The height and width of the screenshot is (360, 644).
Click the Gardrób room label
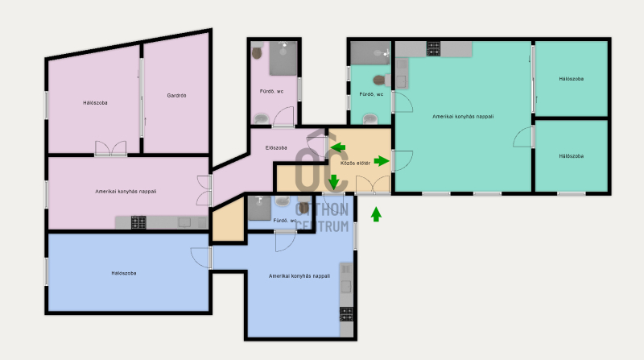tap(176, 95)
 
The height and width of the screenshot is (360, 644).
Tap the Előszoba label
tap(276, 147)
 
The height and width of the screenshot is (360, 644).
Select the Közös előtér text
tap(355, 163)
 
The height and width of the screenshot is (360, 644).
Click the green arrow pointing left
tap(338, 147)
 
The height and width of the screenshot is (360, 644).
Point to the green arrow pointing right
tap(382, 161)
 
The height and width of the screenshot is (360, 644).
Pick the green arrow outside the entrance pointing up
tap(376, 214)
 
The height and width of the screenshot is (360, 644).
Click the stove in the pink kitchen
tap(138, 222)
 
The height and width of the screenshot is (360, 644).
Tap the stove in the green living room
tap(433, 49)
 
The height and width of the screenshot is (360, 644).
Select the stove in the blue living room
tap(346, 314)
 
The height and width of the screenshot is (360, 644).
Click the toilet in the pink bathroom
tap(257, 52)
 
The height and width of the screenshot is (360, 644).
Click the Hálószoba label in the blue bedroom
tap(124, 273)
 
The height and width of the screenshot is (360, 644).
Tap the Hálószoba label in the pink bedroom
tap(95, 103)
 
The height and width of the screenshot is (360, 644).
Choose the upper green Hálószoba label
tap(572, 78)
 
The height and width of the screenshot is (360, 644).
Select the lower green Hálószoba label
tap(572, 155)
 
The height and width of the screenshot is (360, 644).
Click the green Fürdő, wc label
tap(371, 94)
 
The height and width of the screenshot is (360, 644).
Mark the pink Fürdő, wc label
tap(271, 91)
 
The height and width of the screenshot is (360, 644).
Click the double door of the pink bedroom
tap(111, 148)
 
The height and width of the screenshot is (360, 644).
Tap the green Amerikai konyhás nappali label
tap(463, 116)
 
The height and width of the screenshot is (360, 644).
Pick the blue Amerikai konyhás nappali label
tap(299, 275)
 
